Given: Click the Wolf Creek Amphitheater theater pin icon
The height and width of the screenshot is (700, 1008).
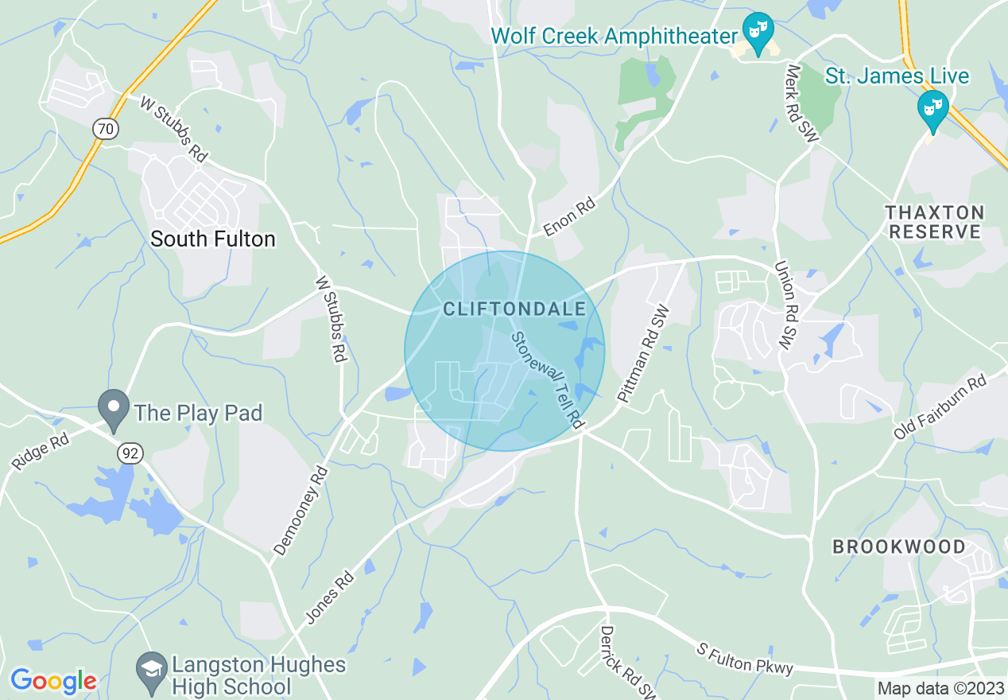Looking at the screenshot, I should pyautogui.click(x=758, y=31).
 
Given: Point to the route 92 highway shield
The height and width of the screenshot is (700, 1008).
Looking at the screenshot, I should pyautogui.click(x=129, y=453).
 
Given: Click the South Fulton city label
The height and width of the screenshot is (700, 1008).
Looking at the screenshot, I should pyautogui.click(x=213, y=239).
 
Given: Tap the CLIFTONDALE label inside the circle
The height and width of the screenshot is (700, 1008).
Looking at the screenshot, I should pyautogui.click(x=514, y=309).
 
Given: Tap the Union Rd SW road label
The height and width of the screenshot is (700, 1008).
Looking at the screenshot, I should pyautogui.click(x=785, y=306).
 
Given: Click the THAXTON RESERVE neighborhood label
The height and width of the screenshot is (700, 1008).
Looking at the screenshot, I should pyautogui.click(x=935, y=223).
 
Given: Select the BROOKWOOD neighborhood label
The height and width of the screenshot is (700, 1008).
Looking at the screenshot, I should pyautogui.click(x=899, y=547).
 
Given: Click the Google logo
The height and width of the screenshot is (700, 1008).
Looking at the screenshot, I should pyautogui.click(x=53, y=681).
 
